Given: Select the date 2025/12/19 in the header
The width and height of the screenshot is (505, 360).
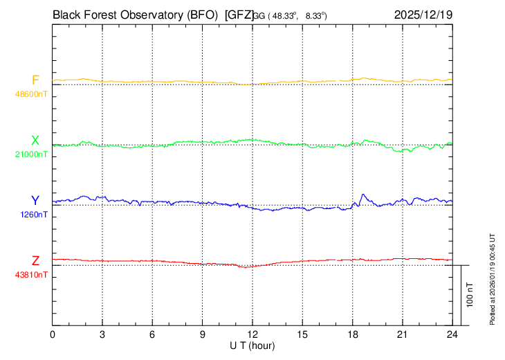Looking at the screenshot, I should (x=423, y=13).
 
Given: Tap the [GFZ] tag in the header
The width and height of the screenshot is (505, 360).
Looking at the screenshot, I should (x=239, y=13).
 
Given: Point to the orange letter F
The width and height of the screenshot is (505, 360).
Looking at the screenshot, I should (x=35, y=80).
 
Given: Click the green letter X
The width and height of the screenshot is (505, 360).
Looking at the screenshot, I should (x=35, y=141).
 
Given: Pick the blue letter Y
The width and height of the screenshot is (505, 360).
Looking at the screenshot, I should (x=35, y=201).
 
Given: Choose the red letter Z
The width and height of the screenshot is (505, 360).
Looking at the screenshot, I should (x=35, y=261).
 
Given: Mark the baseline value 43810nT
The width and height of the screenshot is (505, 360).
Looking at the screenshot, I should (x=32, y=275).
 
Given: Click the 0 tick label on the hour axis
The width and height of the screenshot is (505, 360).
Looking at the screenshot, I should (x=53, y=334).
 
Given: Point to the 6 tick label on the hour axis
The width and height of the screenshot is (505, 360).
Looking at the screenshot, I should (x=153, y=334).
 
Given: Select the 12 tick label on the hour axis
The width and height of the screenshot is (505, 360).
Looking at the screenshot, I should (x=252, y=334).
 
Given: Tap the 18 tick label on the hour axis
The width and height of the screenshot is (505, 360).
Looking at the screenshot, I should (x=353, y=334).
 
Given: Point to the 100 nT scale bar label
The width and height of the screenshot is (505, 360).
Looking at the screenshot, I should (x=470, y=294).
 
